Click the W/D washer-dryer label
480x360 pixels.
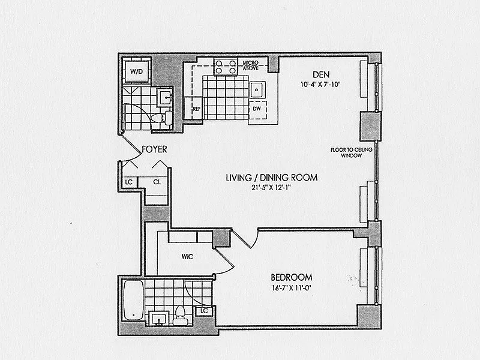pyautogui.click(x=137, y=71)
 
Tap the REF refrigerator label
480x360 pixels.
pyautogui.click(x=197, y=109)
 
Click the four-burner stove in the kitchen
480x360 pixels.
pyautogui.click(x=226, y=67)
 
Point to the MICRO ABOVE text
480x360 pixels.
pyautogui.click(x=251, y=65)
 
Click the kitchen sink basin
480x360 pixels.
pyautogui.click(x=257, y=90)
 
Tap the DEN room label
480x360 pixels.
pyautogui.click(x=321, y=74)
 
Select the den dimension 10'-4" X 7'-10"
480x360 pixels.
pyautogui.click(x=320, y=85)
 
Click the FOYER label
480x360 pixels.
pyautogui.click(x=155, y=149)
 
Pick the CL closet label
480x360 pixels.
pyautogui.click(x=157, y=182)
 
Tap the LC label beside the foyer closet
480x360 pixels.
pyautogui.click(x=129, y=182)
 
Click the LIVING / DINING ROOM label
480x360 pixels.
pyautogui.click(x=272, y=178)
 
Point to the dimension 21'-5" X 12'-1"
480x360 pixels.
pyautogui.click(x=271, y=188)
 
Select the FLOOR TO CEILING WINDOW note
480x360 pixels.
pyautogui.click(x=352, y=152)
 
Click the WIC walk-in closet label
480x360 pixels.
pyautogui.click(x=187, y=257)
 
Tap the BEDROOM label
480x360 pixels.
pyautogui.click(x=292, y=277)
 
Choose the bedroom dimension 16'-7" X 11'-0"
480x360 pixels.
pyautogui.click(x=292, y=288)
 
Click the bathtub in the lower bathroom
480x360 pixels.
pyautogui.click(x=133, y=300)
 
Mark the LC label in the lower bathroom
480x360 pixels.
pyautogui.click(x=204, y=311)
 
